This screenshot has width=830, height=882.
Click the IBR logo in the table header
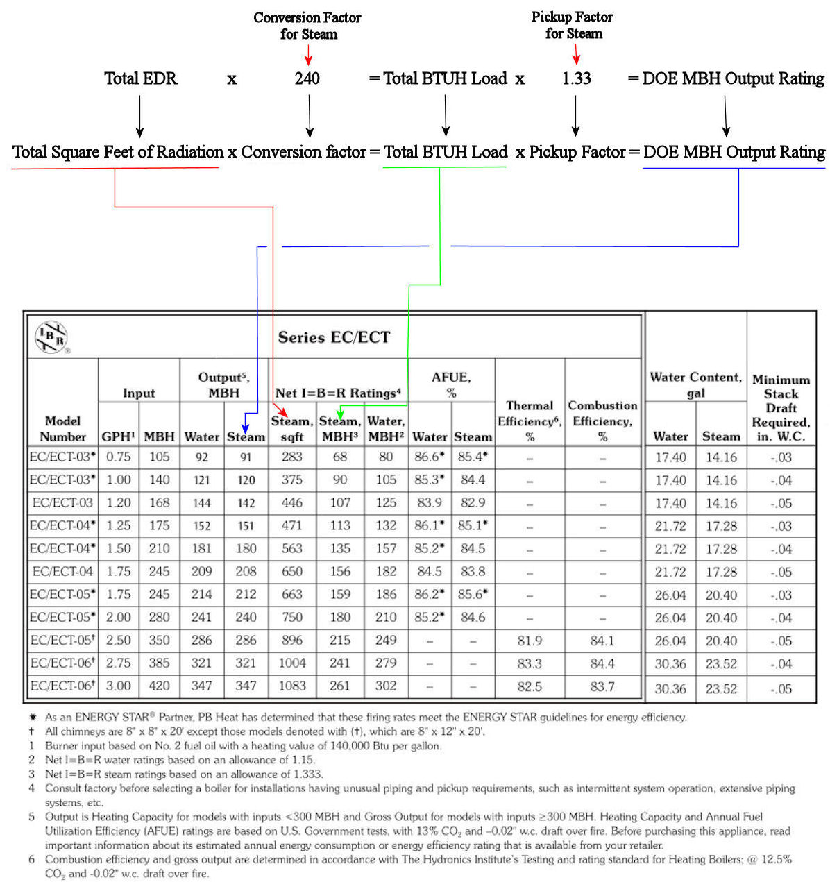pyautogui.click(x=52, y=337)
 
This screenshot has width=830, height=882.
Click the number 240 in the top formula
pyautogui.click(x=307, y=78)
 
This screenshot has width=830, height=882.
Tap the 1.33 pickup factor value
pyautogui.click(x=576, y=78)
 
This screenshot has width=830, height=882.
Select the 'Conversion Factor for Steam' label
pyautogui.click(x=307, y=26)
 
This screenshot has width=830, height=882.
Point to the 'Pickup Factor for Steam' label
pyautogui.click(x=573, y=25)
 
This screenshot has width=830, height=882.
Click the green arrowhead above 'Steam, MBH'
pyautogui.click(x=340, y=413)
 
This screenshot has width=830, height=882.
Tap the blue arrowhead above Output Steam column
pyautogui.click(x=245, y=428)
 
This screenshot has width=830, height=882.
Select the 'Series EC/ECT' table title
pyautogui.click(x=334, y=338)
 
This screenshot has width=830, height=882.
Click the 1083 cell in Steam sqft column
pyautogui.click(x=292, y=686)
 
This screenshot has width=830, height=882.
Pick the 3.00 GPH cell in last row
pyautogui.click(x=118, y=686)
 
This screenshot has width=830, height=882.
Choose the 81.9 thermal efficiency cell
pyautogui.click(x=530, y=641)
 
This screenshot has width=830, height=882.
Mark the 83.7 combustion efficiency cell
pyautogui.click(x=602, y=686)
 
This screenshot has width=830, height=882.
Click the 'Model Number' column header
pyautogui.click(x=62, y=428)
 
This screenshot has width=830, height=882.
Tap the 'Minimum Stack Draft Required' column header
pyautogui.click(x=781, y=408)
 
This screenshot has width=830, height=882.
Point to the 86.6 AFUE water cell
pyautogui.click(x=429, y=457)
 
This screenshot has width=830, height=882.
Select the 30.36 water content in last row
pyautogui.click(x=670, y=688)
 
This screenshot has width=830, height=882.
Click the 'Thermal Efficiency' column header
pyautogui.click(x=530, y=421)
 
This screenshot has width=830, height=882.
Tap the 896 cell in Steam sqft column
pyautogui.click(x=292, y=641)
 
